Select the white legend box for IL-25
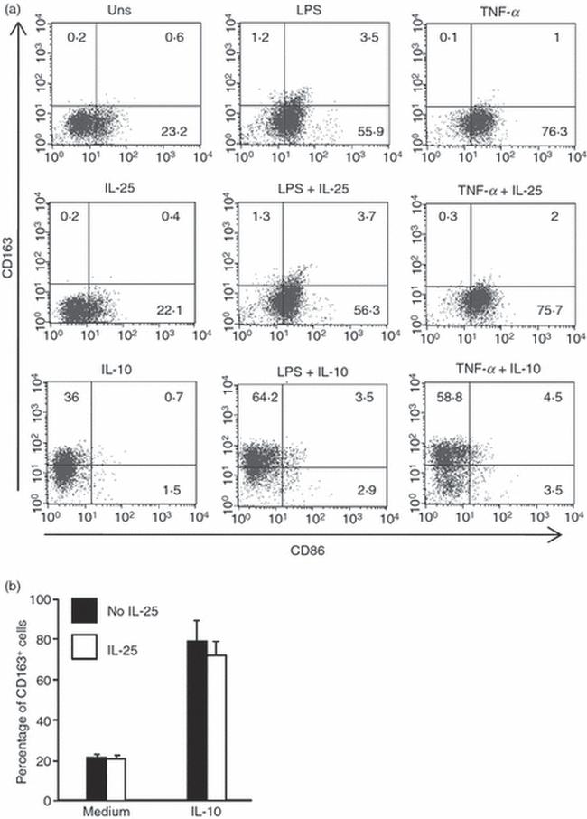tap(87, 650)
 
